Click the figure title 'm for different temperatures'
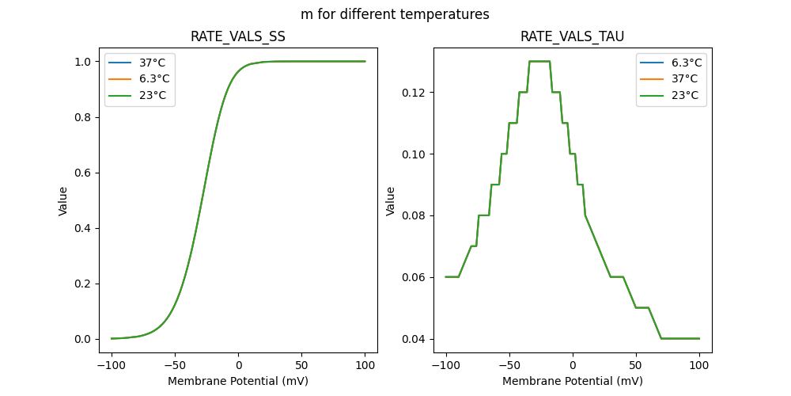[x=395, y=14]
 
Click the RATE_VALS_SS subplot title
[x=238, y=37]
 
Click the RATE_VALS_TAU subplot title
[x=572, y=37]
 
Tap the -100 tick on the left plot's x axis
[x=112, y=365]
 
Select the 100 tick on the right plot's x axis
[x=699, y=365]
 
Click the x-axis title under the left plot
[x=238, y=381]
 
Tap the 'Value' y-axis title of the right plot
[x=391, y=201]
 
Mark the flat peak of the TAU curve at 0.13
[x=539, y=62]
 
